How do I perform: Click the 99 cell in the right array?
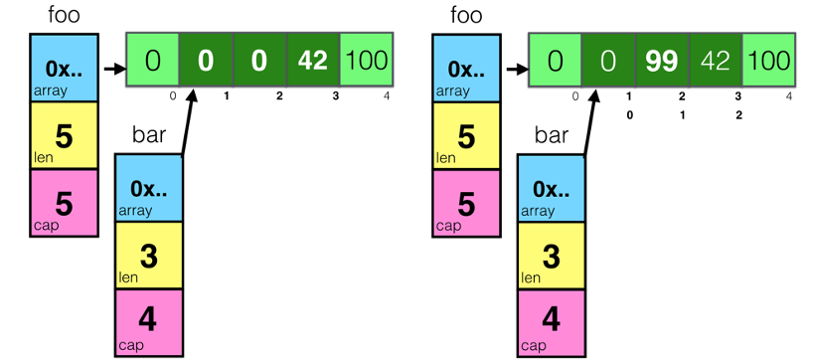pos(662,60)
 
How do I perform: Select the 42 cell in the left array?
pos(312,60)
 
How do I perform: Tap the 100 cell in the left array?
pos(366,60)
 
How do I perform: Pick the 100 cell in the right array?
pos(769,60)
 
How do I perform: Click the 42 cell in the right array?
pos(716,60)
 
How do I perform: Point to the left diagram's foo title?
pos(64,15)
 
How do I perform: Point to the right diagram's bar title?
pos(552,135)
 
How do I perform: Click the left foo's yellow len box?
pos(64,136)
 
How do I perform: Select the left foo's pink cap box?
pos(64,203)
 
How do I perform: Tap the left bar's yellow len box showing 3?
pos(149,256)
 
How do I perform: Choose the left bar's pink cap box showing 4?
pos(149,322)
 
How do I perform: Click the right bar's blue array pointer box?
pos(552,188)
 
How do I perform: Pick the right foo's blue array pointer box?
pos(465,68)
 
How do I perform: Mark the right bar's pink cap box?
pos(552,322)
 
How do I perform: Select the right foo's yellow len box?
pos(465,136)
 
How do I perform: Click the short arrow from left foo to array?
pos(114,69)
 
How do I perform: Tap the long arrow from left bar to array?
pos(188,122)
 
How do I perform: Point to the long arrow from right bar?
pos(590,122)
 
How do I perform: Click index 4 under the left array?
pos(387,95)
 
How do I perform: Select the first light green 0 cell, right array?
pos(555,60)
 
